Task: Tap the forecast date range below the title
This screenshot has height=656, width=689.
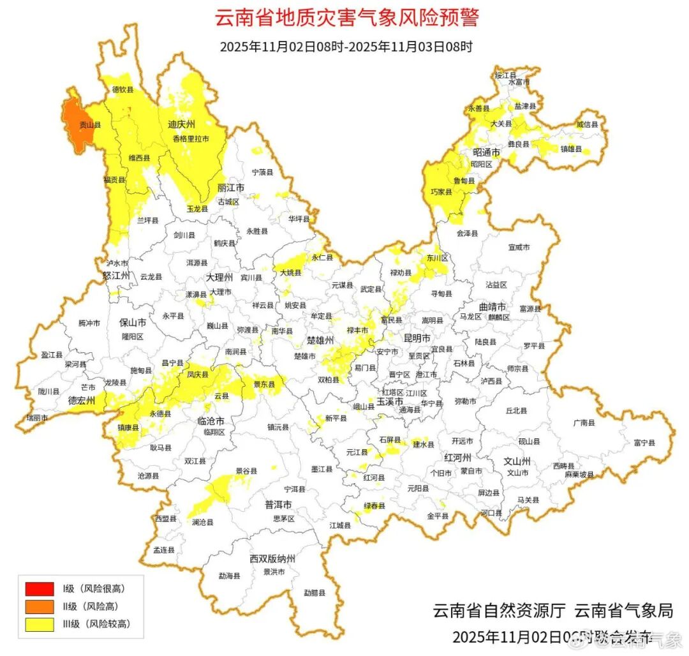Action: tap(346, 47)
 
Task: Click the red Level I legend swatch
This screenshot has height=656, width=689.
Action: tap(39, 588)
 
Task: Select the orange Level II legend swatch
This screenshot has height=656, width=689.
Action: tap(39, 606)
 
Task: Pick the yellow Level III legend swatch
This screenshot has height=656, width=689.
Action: tap(39, 625)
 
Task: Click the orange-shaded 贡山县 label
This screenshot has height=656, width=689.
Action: tap(85, 125)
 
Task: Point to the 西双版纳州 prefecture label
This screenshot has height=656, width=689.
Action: tap(272, 559)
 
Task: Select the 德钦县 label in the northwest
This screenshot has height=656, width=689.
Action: tap(123, 90)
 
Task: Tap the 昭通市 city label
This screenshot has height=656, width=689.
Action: tap(486, 153)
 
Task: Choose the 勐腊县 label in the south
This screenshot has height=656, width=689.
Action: tap(315, 592)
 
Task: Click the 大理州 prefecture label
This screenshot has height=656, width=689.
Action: tap(218, 278)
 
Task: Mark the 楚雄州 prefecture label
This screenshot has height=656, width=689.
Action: tap(320, 340)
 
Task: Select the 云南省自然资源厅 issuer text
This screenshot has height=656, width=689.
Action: tap(499, 611)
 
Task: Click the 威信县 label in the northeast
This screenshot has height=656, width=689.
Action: tap(588, 124)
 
